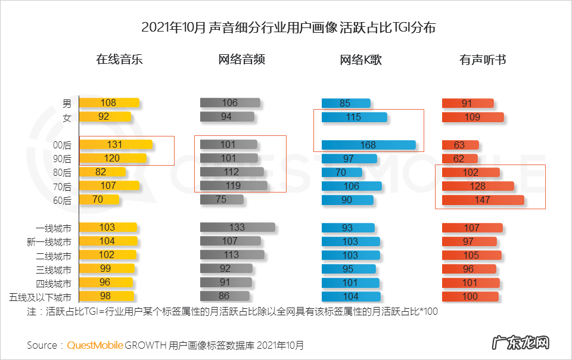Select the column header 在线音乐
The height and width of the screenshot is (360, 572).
(x=120, y=60)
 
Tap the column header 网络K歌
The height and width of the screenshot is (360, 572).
(x=360, y=60)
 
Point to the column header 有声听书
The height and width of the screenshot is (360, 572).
(x=483, y=60)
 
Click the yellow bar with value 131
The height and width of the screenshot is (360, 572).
(x=116, y=144)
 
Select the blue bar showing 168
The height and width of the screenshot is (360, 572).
(x=368, y=145)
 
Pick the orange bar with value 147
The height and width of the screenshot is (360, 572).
(x=483, y=200)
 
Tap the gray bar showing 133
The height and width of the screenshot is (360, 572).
(x=237, y=227)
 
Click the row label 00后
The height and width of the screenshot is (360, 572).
(x=63, y=145)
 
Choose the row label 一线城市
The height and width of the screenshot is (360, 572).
(x=54, y=228)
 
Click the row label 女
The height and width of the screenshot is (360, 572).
(x=67, y=117)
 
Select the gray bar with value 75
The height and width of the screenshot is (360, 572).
(x=222, y=200)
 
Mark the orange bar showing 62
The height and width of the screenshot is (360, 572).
(x=460, y=159)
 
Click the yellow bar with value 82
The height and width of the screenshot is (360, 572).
(x=102, y=172)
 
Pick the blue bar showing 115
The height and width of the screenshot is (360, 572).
(x=354, y=117)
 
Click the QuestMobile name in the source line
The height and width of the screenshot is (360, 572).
(x=95, y=345)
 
